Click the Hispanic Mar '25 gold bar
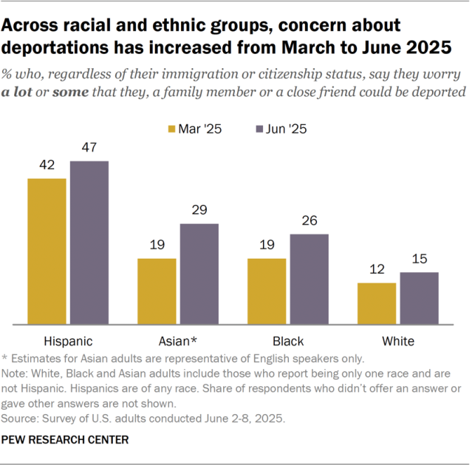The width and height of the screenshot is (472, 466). coord(47,251)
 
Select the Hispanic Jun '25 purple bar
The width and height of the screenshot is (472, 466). coord(89,242)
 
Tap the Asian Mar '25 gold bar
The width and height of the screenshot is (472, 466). coord(157,291)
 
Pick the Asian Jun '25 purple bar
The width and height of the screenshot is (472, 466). coord(199,274)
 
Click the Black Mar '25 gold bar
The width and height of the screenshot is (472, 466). coord(267,291)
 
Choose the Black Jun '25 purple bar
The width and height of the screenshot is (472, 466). coord(309,279)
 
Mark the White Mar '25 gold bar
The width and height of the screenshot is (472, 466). coord(377,303)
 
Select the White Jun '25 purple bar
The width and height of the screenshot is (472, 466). coord(420,298)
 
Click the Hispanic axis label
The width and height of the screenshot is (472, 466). coord(68,341)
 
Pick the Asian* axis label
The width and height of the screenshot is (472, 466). coord(178,341)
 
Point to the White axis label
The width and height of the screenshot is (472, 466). coord(398,341)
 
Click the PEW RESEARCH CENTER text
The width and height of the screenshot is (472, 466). coord(66,439)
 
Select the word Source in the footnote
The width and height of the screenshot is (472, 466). coord(21,418)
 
